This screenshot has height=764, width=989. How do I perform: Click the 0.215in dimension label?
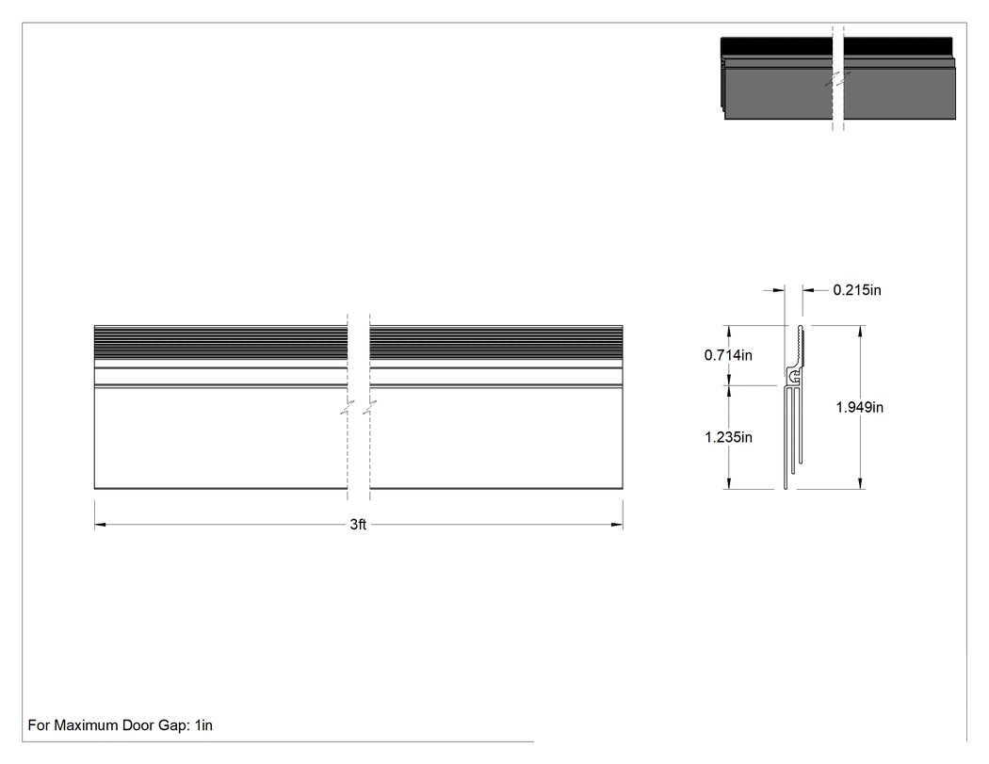(x=856, y=290)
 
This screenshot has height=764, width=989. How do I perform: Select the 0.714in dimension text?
(x=728, y=355)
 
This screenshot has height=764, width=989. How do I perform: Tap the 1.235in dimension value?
(x=728, y=437)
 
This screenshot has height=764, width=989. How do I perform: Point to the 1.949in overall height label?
(x=859, y=408)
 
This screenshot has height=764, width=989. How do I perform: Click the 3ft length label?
(x=358, y=525)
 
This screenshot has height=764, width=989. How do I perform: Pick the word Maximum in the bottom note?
(x=85, y=725)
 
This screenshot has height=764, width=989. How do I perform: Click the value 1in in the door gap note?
(x=203, y=725)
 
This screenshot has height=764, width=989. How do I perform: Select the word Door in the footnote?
(x=138, y=725)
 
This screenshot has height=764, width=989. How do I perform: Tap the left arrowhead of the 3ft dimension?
(x=101, y=525)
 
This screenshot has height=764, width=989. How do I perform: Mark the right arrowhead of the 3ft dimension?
(x=616, y=525)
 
